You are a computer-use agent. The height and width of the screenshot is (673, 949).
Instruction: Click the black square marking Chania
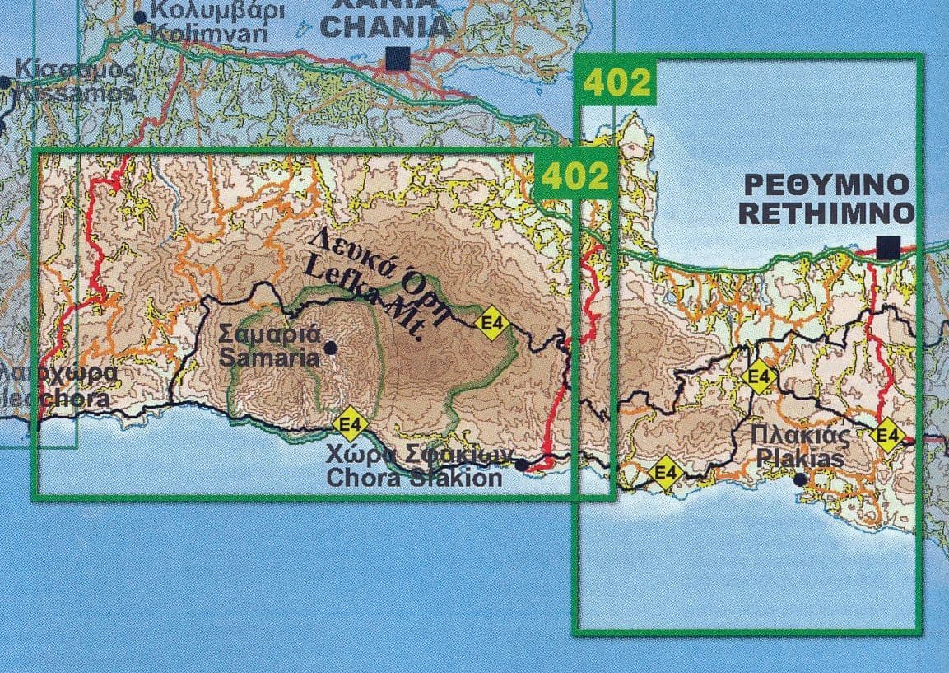coord(398,58)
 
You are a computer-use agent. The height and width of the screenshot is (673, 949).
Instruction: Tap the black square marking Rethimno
coord(887,247)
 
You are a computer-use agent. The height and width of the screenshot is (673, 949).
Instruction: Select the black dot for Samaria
coord(331,348)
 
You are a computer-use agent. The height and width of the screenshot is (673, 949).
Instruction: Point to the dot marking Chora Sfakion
coord(521,465)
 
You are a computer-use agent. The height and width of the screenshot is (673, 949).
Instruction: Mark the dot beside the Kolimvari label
coord(140,16)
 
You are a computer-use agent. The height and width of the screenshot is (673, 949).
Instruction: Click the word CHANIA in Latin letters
coord(385,27)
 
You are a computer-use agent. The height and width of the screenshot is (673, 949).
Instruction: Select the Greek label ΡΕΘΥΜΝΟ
coord(826,183)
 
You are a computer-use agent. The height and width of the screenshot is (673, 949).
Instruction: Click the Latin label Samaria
coord(269,358)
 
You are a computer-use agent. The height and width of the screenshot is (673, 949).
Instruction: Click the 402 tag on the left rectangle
coord(575,176)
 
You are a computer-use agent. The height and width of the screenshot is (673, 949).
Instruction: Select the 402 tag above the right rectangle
coord(617,82)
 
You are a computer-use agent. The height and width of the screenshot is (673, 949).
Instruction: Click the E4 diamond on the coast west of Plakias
coord(666,473)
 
